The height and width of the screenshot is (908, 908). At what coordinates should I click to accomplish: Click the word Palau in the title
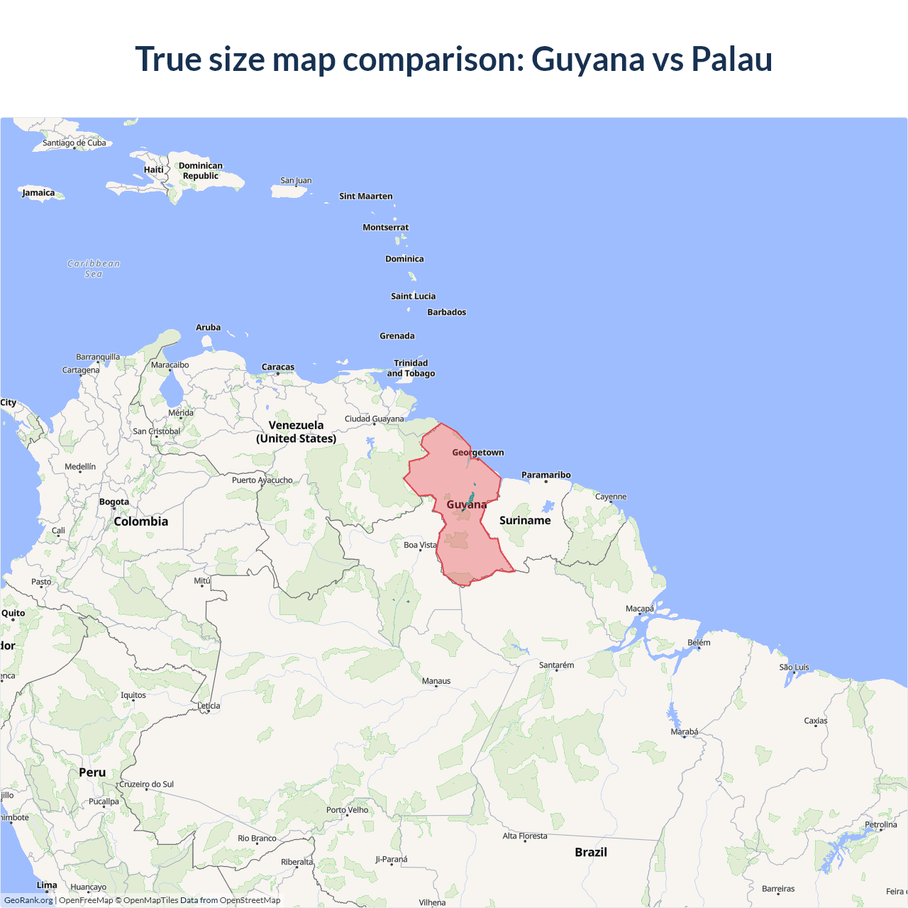[x=731, y=59]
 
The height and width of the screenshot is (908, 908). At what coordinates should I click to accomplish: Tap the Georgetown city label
[x=478, y=453]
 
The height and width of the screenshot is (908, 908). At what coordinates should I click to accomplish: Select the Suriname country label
[x=525, y=521]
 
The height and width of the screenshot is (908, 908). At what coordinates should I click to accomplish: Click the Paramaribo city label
[x=546, y=475]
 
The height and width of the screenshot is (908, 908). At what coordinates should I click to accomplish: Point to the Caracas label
[x=278, y=367]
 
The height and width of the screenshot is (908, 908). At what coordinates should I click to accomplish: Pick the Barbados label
[x=447, y=312]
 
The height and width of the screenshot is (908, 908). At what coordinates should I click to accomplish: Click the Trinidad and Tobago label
[x=411, y=368]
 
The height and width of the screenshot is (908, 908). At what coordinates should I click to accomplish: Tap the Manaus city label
[x=436, y=681]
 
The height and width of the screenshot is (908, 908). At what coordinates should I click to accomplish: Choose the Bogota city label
[x=114, y=502]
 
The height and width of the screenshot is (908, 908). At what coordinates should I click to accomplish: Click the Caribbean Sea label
[x=94, y=269]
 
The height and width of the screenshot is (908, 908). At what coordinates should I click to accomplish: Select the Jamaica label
[x=38, y=193]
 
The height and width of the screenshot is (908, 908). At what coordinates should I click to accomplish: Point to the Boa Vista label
[x=420, y=545]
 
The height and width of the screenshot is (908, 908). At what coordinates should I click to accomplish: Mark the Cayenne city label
[x=611, y=497]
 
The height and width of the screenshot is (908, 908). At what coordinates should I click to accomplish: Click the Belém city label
[x=699, y=643]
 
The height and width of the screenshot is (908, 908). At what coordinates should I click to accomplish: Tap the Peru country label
[x=92, y=773]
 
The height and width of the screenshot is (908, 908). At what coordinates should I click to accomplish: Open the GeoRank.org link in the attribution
[x=28, y=900]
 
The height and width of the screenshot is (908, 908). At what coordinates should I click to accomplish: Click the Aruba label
[x=208, y=328]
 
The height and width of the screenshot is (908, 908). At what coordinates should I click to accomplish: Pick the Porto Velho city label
[x=348, y=810]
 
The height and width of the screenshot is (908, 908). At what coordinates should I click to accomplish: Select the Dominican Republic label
[x=201, y=171]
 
